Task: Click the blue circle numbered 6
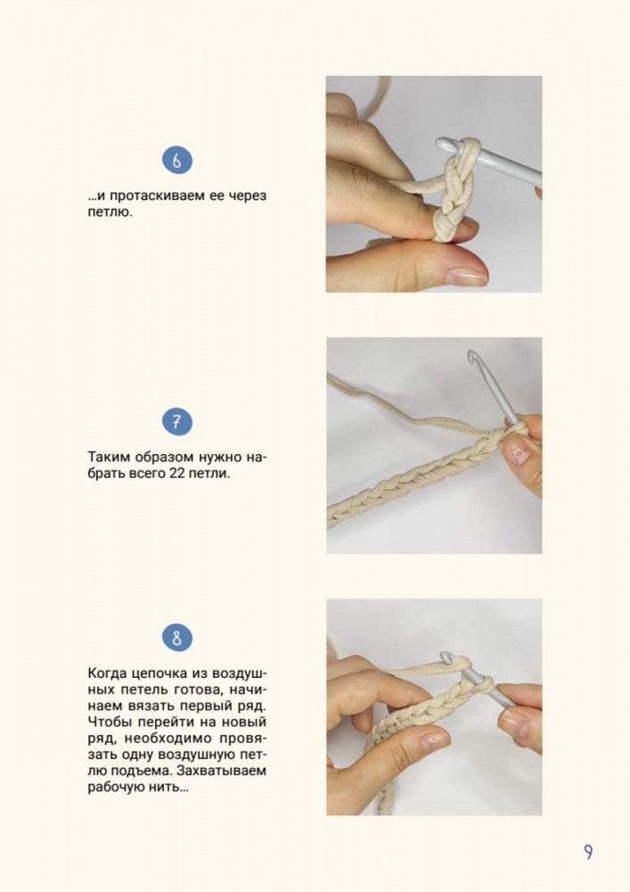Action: click(177, 161)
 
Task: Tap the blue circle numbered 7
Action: click(177, 422)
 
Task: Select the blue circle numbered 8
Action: click(177, 638)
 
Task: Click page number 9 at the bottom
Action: click(588, 852)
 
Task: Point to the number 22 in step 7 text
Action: click(177, 474)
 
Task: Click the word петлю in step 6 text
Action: click(110, 213)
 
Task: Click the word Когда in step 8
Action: click(107, 673)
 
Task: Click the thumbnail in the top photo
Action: click(467, 277)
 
